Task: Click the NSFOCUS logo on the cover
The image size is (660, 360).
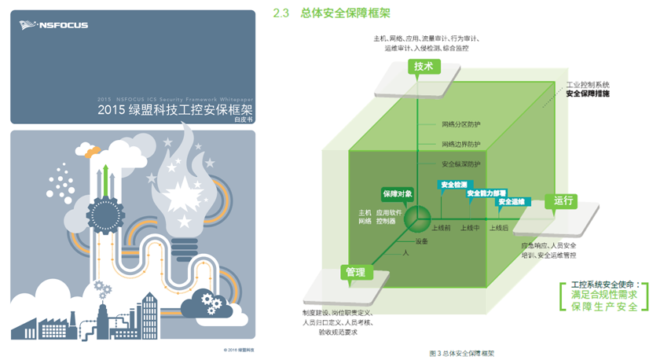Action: (53, 25)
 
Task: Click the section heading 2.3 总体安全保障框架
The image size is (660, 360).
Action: (331, 13)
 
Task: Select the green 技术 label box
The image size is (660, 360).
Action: (423, 67)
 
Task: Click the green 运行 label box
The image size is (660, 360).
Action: (563, 200)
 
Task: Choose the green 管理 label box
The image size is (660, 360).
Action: (355, 272)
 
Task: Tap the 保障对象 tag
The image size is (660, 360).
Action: (398, 193)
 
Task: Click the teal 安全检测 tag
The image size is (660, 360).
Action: (453, 184)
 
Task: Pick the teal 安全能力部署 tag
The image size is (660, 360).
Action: (486, 193)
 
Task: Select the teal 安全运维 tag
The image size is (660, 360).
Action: (511, 202)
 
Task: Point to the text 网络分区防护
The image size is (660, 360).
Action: (460, 124)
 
